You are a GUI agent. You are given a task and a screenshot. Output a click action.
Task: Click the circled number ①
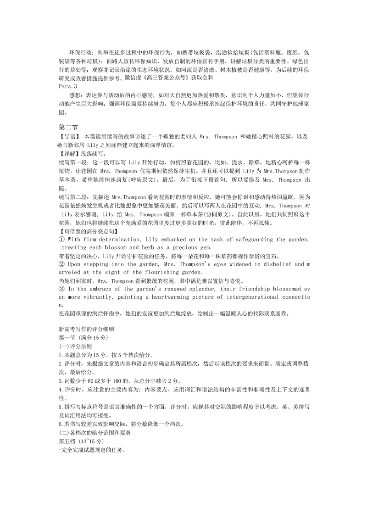click(x=62, y=239)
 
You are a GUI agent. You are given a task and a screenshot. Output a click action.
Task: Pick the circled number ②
click(x=62, y=264)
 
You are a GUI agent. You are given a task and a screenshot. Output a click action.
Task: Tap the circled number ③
click(x=62, y=289)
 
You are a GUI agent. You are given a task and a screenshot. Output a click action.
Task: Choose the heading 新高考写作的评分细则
click(x=86, y=329)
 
